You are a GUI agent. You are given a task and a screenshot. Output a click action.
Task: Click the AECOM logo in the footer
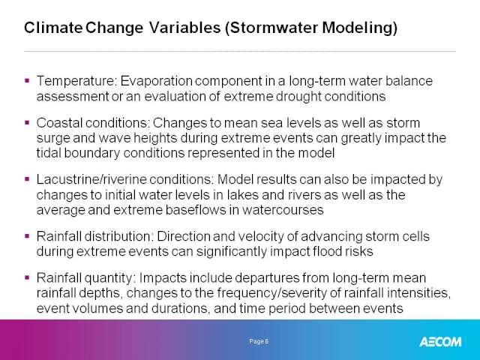pyautogui.click(x=440, y=342)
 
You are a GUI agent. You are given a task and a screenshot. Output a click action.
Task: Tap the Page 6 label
pyautogui.click(x=259, y=341)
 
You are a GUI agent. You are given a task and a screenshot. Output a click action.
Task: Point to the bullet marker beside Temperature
pyautogui.click(x=27, y=81)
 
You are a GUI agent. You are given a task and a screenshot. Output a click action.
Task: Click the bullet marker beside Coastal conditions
pyautogui.click(x=27, y=123)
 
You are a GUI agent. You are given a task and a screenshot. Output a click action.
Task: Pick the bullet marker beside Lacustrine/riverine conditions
pyautogui.click(x=27, y=179)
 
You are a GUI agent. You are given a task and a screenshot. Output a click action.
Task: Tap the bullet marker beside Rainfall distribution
pyautogui.click(x=27, y=236)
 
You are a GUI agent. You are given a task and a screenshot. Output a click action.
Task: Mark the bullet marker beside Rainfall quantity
pyautogui.click(x=27, y=277)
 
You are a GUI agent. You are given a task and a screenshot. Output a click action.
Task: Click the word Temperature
pyautogui.click(x=76, y=81)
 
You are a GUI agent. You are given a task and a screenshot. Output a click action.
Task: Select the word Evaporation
pyautogui.click(x=157, y=81)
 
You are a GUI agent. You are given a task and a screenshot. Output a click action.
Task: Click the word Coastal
pyautogui.click(x=59, y=123)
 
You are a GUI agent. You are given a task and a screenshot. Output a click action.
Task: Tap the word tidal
pyautogui.click(x=49, y=153)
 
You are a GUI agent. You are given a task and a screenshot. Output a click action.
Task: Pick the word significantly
pyautogui.click(x=232, y=251)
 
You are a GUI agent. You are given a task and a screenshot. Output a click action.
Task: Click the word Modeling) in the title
pyautogui.click(x=360, y=28)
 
